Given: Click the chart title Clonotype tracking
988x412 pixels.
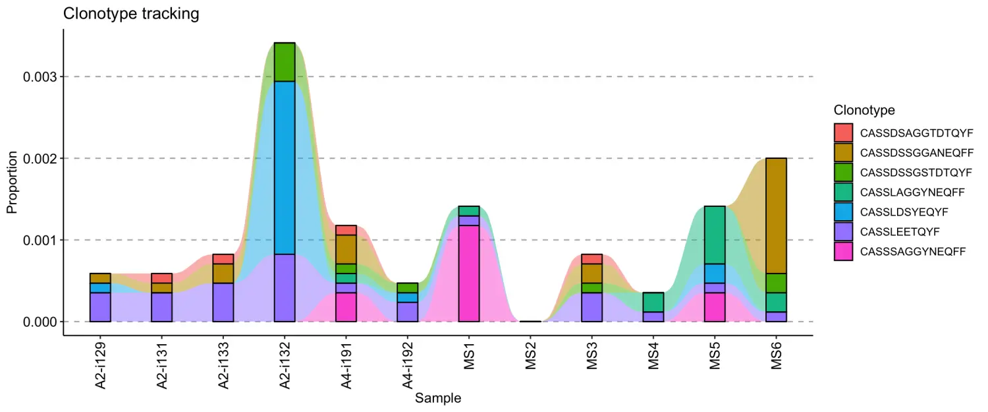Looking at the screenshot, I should pyautogui.click(x=131, y=14).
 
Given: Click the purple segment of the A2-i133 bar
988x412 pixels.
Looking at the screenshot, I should pyautogui.click(x=223, y=302).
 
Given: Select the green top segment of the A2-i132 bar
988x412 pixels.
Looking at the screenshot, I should pyautogui.click(x=285, y=62).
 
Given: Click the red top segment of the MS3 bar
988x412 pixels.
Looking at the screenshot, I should pyautogui.click(x=591, y=259).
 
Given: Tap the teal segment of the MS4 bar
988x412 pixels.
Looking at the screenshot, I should pyautogui.click(x=653, y=302).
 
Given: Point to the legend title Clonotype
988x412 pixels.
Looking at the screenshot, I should pyautogui.click(x=864, y=110).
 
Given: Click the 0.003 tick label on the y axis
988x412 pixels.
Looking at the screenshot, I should pyautogui.click(x=40, y=77).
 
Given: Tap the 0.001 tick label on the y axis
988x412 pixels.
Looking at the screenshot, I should pyautogui.click(x=40, y=240).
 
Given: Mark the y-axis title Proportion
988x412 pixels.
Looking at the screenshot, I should pyautogui.click(x=12, y=183).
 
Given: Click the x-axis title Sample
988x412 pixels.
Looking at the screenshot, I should pyautogui.click(x=438, y=398).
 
